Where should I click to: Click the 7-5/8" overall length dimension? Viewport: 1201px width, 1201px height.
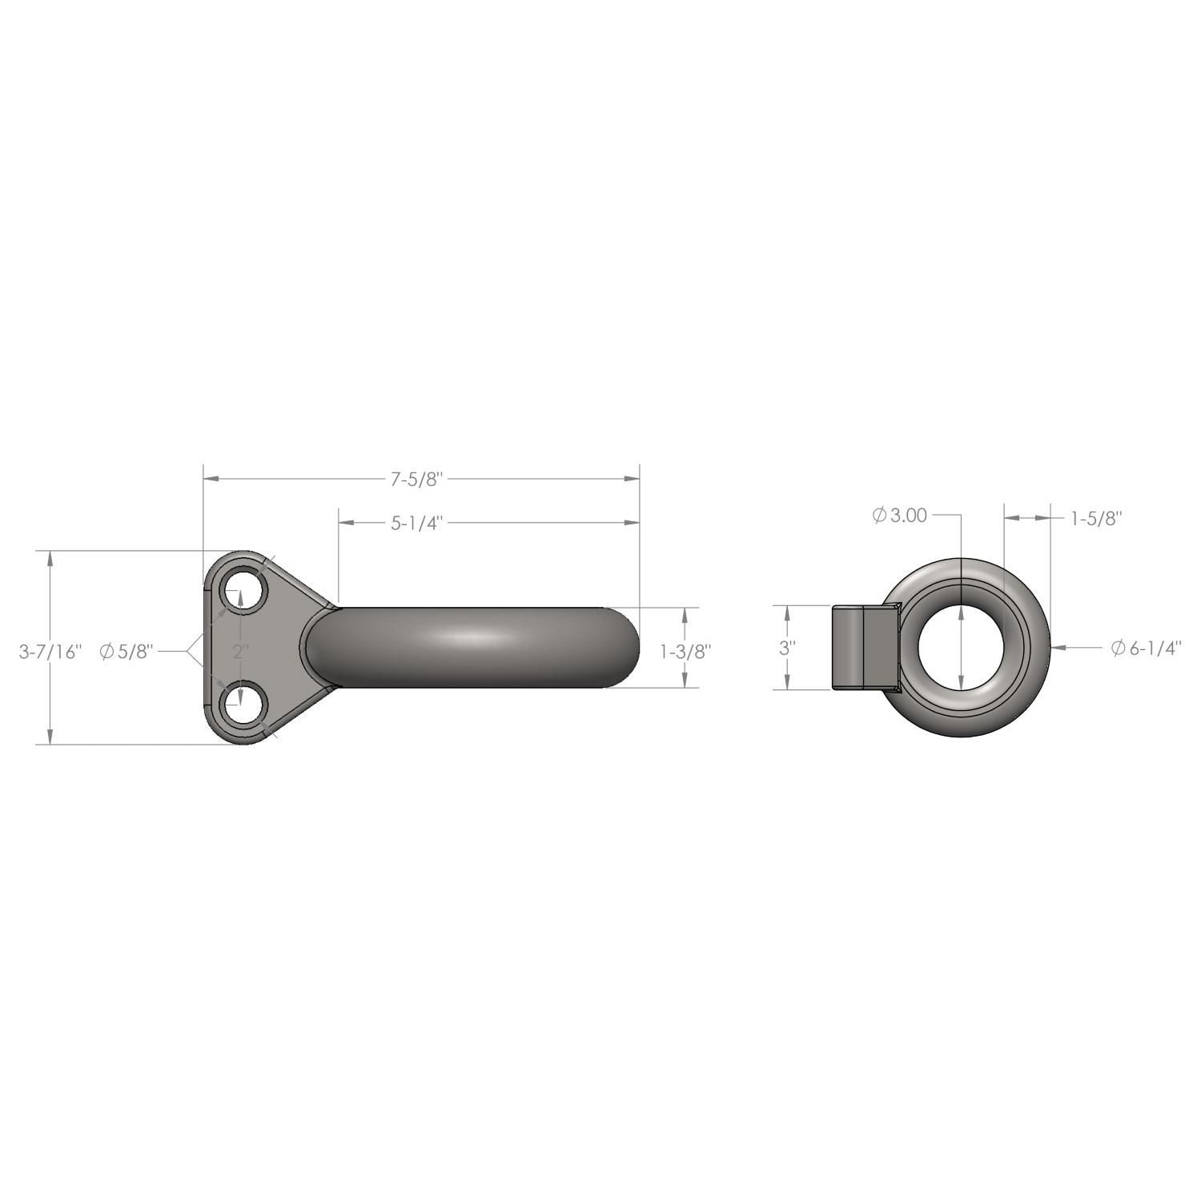(416, 480)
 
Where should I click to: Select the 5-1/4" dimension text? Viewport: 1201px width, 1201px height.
(416, 523)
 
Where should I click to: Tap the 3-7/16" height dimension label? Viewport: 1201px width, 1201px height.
(50, 652)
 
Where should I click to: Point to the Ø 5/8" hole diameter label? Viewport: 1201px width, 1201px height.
(126, 652)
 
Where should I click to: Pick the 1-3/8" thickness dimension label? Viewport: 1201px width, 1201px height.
(685, 652)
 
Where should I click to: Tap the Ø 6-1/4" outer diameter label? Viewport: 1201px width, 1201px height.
(1147, 649)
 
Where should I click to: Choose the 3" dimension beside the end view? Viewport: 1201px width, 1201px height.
(787, 648)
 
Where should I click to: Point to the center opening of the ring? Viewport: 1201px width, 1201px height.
(961, 647)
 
